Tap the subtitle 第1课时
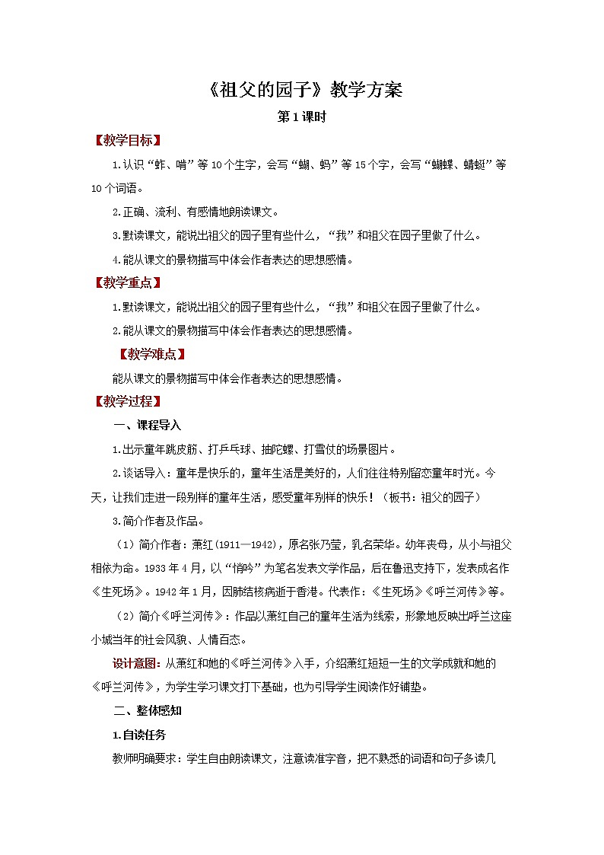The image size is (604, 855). tap(303, 117)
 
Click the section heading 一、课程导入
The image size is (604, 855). tap(147, 425)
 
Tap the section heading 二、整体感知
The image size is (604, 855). tap(147, 711)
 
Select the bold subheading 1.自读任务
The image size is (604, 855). tap(138, 735)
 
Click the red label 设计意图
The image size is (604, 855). tap(135, 664)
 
